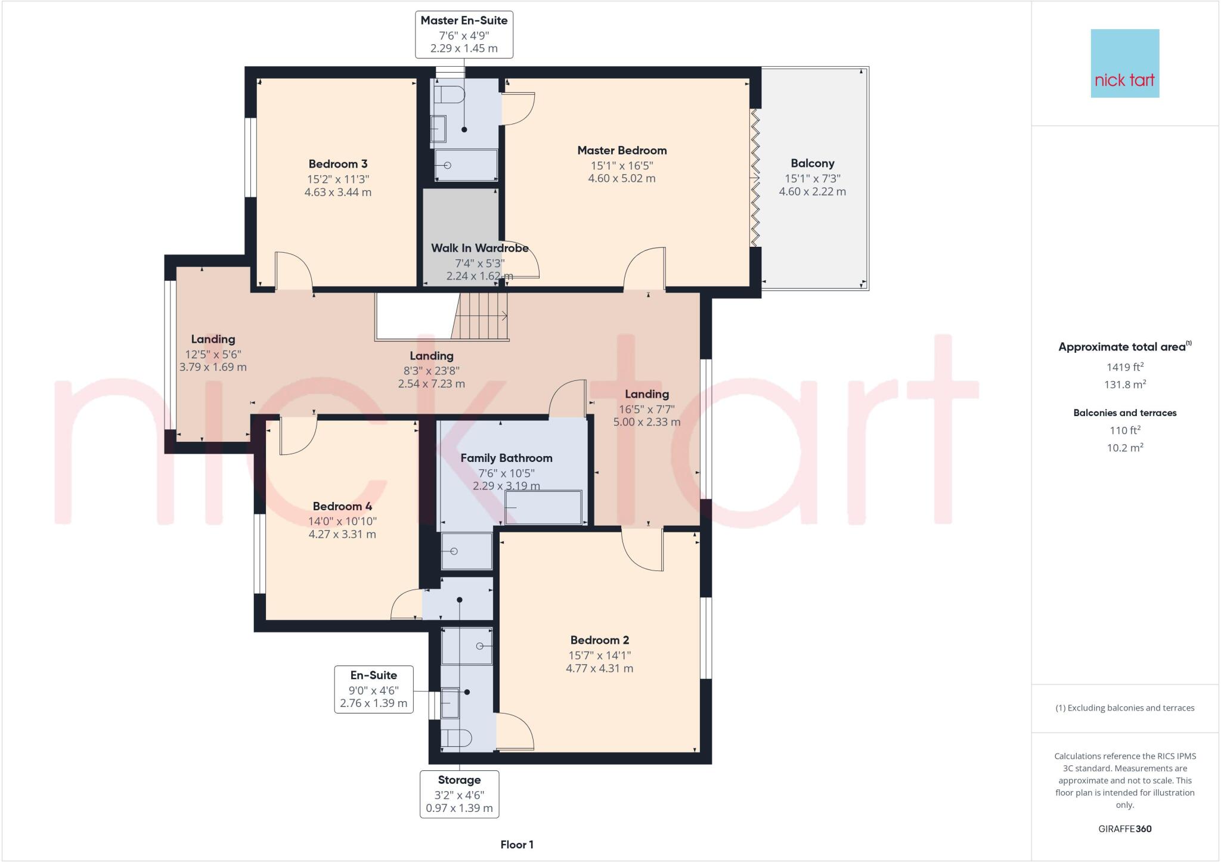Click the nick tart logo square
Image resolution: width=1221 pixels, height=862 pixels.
click(x=1124, y=63)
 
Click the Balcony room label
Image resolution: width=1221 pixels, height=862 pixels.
click(x=812, y=163)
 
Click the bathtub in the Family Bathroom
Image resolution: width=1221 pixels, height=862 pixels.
click(x=543, y=507)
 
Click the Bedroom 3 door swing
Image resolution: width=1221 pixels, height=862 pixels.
click(x=293, y=271)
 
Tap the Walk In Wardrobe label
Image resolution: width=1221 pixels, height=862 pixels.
click(x=479, y=248)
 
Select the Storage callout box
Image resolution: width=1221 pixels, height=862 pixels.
click(x=459, y=793)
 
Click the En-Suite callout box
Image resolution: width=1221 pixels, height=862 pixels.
click(x=373, y=689)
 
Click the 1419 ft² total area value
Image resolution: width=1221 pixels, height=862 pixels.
click(x=1124, y=367)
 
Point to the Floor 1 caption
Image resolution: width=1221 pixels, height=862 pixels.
click(x=517, y=845)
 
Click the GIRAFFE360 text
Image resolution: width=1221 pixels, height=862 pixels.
click(x=1124, y=829)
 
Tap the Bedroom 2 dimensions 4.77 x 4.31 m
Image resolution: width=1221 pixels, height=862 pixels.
click(x=599, y=668)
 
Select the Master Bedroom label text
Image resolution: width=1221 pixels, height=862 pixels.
click(x=622, y=150)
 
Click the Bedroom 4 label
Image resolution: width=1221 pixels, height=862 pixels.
click(x=342, y=506)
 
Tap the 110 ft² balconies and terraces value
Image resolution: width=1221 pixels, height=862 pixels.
click(x=1124, y=430)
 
